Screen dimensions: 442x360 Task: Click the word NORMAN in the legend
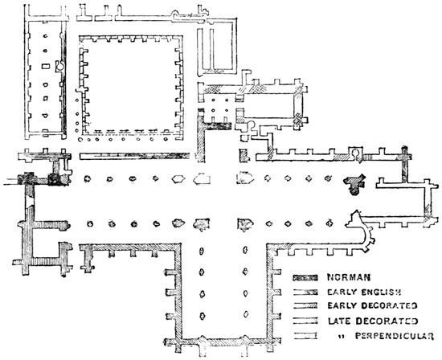(x=349, y=278)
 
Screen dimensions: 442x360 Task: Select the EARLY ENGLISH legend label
(x=363, y=292)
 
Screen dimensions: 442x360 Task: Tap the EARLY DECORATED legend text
(x=372, y=306)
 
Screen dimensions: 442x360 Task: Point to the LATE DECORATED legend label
(x=373, y=321)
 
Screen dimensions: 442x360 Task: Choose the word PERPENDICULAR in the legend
(x=394, y=336)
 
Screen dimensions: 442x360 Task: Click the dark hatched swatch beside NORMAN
(x=305, y=278)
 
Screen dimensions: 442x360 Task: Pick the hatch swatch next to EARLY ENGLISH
(x=305, y=292)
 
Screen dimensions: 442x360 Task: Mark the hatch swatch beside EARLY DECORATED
(x=305, y=306)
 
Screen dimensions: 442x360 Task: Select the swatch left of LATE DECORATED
(x=305, y=321)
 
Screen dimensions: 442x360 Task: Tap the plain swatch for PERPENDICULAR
(x=305, y=336)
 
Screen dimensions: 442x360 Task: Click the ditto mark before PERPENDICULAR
(x=340, y=336)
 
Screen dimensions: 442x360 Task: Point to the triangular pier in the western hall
(x=45, y=115)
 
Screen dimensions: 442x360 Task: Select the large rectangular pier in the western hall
(x=45, y=66)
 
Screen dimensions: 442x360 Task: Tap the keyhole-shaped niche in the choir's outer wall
(x=356, y=153)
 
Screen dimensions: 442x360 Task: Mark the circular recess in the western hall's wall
(x=60, y=65)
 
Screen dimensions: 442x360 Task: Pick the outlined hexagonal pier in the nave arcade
(x=178, y=178)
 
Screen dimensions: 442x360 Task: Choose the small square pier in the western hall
(x=45, y=99)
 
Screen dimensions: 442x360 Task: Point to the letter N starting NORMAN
(x=330, y=278)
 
